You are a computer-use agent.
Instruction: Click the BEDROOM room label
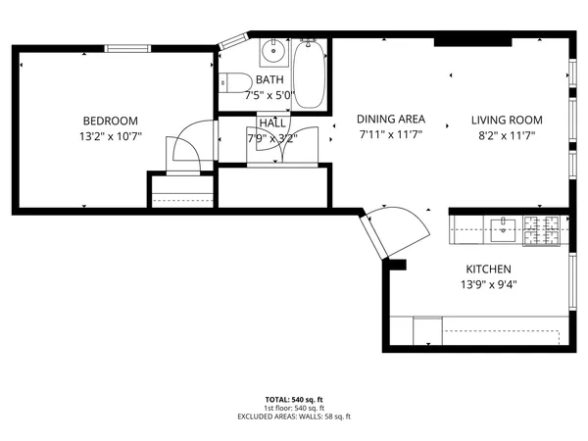pos(111,121)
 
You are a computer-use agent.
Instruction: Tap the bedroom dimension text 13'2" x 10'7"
pos(111,136)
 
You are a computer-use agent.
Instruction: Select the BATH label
pos(269,79)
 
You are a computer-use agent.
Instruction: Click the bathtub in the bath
pos(310,72)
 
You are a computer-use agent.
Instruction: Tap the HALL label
pos(271,122)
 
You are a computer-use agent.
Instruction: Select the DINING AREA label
pos(389,120)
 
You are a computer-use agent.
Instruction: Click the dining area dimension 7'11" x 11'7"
pos(389,135)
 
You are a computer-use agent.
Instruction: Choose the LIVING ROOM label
pos(508,120)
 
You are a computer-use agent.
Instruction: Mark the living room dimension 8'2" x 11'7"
pos(508,135)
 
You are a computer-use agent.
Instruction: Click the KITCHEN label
pos(488,269)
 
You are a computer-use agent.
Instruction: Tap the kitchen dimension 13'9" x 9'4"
pos(488,285)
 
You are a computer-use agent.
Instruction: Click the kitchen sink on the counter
pos(503,229)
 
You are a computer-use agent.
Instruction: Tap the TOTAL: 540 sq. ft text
pos(293,400)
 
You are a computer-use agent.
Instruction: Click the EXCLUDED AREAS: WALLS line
pos(293,416)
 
